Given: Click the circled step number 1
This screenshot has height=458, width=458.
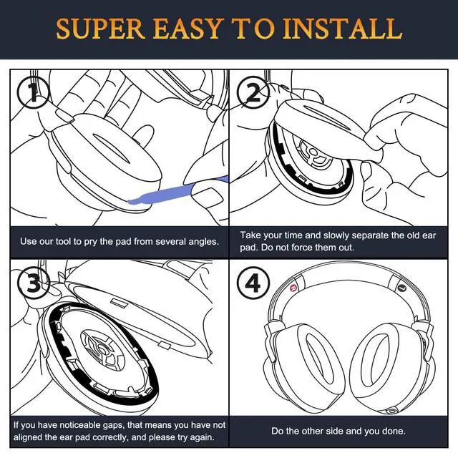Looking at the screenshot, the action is [34, 93].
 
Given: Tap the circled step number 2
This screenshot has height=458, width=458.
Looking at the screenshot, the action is [253, 92].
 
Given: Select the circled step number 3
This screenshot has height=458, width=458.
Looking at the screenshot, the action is [34, 282].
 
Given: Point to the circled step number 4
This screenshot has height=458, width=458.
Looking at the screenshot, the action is [253, 283].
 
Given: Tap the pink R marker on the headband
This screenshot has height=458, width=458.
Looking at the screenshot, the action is [293, 288].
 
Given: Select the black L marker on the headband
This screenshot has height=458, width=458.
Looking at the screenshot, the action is [402, 288].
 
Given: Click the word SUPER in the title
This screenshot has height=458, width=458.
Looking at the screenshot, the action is [100, 29].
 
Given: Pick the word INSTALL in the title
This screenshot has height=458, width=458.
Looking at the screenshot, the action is [343, 29].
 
